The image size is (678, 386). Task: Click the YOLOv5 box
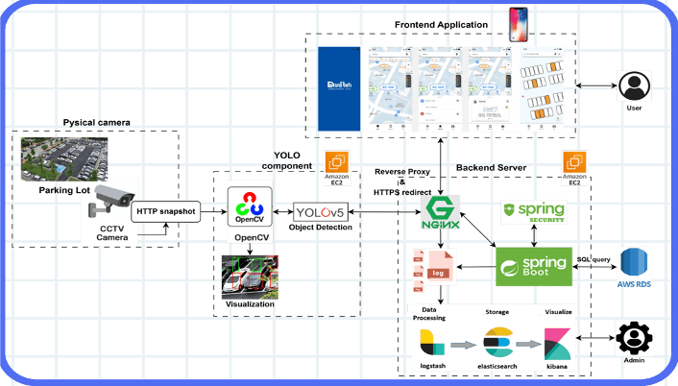321,210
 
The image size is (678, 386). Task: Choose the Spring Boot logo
533,266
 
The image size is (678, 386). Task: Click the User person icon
632,86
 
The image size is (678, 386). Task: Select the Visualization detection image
251,277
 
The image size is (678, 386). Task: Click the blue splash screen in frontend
337,86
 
